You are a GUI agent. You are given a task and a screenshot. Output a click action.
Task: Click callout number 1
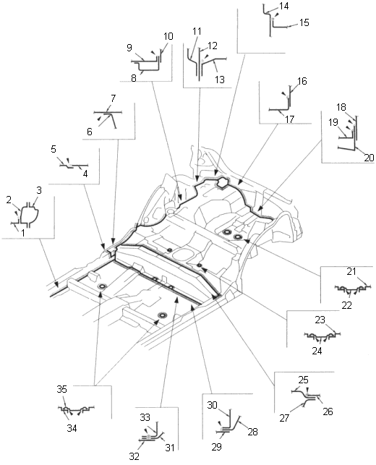[23, 233]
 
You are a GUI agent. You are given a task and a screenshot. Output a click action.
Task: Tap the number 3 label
[39, 190]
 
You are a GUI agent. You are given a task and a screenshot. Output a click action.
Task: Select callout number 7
[113, 98]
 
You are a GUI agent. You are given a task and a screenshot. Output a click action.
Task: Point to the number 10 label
[168, 36]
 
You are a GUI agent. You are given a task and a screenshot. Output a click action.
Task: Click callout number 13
[220, 80]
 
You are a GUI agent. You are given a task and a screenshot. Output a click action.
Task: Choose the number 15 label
[304, 22]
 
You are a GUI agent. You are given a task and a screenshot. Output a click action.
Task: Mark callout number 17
[289, 119]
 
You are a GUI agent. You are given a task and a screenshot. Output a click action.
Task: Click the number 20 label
[369, 157]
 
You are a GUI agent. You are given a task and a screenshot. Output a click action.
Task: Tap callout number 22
[346, 305]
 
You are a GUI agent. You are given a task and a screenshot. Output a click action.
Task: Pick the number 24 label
[317, 351]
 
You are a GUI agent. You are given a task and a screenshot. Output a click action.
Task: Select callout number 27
[284, 418]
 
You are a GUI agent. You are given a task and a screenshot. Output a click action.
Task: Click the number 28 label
[252, 432]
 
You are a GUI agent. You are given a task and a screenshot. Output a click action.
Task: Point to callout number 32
[134, 456]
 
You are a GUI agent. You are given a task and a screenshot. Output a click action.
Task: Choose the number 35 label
[62, 389]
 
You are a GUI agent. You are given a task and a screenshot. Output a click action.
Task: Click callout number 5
[54, 149]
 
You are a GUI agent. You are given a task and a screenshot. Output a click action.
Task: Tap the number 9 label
[129, 48]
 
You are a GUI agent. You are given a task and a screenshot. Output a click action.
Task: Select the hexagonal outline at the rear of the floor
[222, 183]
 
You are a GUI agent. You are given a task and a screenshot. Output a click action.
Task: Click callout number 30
[213, 405]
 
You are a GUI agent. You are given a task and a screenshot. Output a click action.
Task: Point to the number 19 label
[333, 122]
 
